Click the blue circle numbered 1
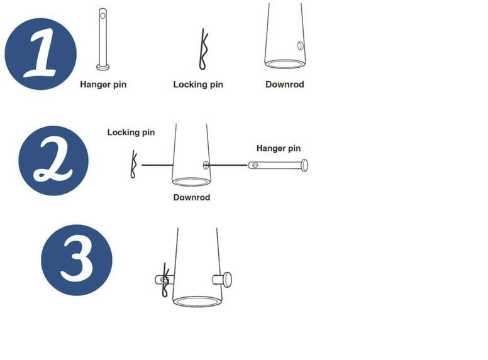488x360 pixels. point(41,54)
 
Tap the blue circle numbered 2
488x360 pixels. point(53,161)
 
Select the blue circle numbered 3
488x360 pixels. point(77,260)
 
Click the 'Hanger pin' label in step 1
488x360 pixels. point(103,85)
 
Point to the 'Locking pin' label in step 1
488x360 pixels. point(198,85)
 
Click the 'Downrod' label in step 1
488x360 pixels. point(285,85)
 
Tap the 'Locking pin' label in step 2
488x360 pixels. point(131,133)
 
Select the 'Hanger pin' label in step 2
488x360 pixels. point(279,148)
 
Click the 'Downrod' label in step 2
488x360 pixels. point(192,197)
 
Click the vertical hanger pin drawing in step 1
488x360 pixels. point(103,39)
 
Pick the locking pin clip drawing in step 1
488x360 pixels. point(203,50)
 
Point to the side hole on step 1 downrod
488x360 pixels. point(301,46)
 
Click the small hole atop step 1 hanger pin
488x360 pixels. point(103,15)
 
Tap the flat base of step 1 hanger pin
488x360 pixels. point(103,67)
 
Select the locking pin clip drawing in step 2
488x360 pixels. point(133,164)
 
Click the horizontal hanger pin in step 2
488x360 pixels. point(278,165)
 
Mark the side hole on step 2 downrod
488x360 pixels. point(206,165)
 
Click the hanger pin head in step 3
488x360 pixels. point(228,280)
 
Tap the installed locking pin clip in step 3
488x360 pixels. point(165,280)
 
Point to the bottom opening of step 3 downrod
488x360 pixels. point(197,302)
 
